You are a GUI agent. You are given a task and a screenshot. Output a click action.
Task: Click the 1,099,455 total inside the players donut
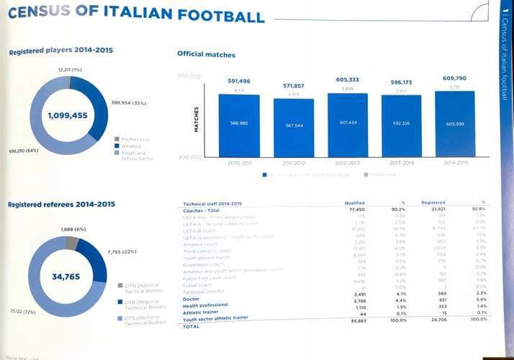(x=68, y=115)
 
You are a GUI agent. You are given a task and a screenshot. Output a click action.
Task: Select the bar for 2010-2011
(x=238, y=124)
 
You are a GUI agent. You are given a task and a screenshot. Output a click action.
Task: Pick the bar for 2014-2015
(x=455, y=123)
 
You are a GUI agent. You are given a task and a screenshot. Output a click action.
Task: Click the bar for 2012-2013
(x=347, y=123)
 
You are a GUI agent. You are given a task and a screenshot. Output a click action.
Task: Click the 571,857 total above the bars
(x=294, y=86)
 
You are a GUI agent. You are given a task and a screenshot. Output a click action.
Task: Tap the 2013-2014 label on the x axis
(x=402, y=163)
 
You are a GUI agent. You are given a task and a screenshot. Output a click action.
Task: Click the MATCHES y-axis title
(x=196, y=119)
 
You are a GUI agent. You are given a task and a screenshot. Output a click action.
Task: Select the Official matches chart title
(x=206, y=55)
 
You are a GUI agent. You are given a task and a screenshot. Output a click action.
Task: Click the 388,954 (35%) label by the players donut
(x=129, y=103)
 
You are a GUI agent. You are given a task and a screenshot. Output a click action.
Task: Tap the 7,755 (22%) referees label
(x=122, y=252)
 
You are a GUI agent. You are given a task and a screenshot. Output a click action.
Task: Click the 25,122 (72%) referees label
(x=22, y=312)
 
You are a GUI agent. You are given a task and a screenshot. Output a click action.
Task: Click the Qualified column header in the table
(x=355, y=203)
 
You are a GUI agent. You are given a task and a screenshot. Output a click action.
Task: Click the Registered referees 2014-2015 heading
(x=61, y=204)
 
